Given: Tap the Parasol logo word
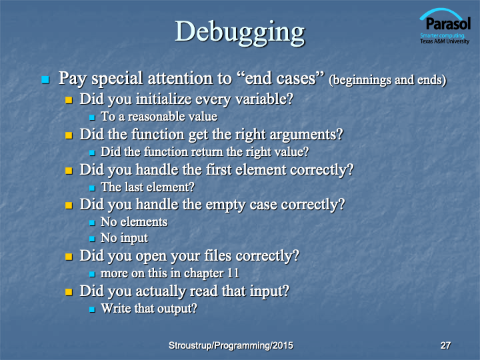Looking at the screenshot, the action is click(448, 23).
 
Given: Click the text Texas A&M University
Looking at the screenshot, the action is click(445, 41).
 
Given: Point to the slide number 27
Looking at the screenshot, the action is click(445, 345).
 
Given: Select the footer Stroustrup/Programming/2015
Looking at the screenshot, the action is click(231, 345).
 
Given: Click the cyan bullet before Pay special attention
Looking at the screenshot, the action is click(45, 80).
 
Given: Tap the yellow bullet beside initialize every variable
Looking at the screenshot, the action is click(69, 100).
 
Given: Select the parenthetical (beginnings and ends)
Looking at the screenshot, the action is click(387, 80).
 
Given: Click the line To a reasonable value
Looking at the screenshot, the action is click(159, 117).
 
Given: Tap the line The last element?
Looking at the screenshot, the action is click(147, 187).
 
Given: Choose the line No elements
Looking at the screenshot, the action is click(134, 222).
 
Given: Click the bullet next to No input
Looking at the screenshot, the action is click(92, 239).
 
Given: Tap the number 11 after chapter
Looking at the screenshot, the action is click(233, 273).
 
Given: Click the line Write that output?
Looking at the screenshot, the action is click(149, 309).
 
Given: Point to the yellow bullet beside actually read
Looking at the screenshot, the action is click(69, 292).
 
